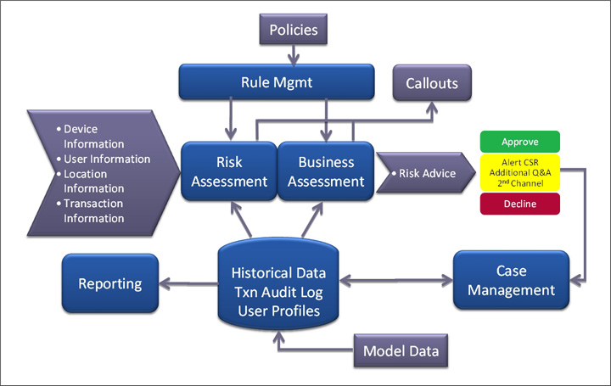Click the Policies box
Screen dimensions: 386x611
294,31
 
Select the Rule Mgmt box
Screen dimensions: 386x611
277,82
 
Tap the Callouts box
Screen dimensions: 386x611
431,83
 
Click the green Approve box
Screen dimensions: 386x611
520,142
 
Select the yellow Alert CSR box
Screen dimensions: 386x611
520,173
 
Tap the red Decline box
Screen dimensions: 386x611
520,204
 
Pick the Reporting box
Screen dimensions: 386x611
110,283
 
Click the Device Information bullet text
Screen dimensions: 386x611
94,136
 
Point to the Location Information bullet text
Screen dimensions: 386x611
94,181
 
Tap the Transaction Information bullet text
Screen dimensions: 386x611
94,210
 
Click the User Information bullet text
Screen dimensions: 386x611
106,159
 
